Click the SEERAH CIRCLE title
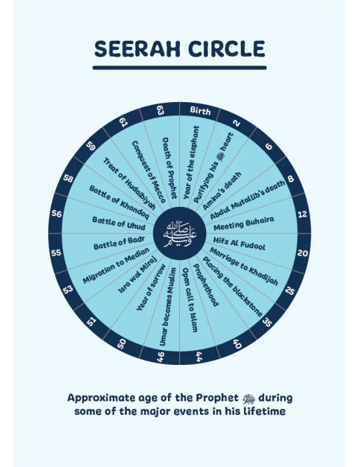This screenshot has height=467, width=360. click(180, 49)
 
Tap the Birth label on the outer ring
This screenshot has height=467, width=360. click(200, 111)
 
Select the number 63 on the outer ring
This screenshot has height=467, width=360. click(161, 111)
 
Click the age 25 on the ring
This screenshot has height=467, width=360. click(289, 290)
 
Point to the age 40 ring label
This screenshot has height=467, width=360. click(237, 344)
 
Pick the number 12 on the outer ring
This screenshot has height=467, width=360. click(302, 214)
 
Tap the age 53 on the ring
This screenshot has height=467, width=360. click(68, 290)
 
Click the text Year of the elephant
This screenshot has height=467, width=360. click(191, 163)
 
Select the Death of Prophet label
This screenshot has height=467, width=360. click(169, 168)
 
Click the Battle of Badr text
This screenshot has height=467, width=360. click(119, 243)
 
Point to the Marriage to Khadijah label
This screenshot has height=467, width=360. click(244, 267)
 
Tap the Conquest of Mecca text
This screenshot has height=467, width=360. click(149, 172)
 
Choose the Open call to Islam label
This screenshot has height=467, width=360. click(190, 300)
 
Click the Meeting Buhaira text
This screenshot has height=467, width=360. click(244, 223)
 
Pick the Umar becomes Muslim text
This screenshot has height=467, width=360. click(168, 306)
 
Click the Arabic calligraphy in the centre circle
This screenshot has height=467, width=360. click(180, 233)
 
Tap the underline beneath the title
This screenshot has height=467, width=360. click(180, 67)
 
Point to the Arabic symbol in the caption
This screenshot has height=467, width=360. click(249, 398)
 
